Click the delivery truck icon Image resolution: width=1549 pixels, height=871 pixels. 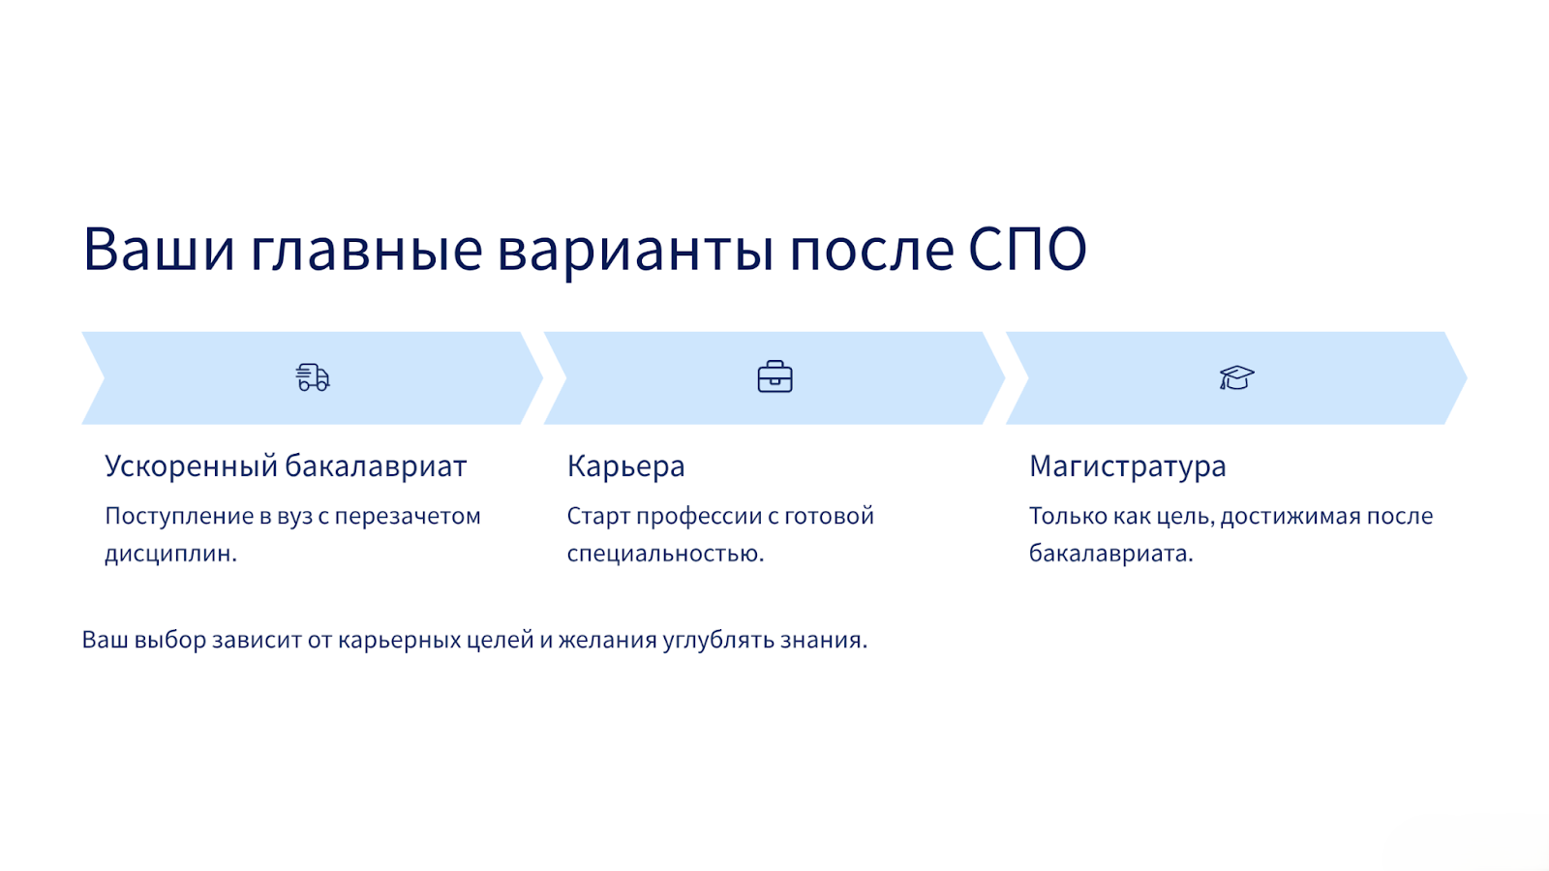pyautogui.click(x=313, y=377)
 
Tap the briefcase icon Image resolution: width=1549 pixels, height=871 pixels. pyautogui.click(x=774, y=376)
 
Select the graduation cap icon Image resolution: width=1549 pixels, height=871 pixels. pyautogui.click(x=1236, y=378)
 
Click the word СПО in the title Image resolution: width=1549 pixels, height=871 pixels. pyautogui.click(x=1027, y=249)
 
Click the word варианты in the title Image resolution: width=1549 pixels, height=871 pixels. pyautogui.click(x=635, y=253)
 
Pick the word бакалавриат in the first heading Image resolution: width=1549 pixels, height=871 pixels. pyautogui.click(x=377, y=466)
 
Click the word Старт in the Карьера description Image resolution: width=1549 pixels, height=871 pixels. pyautogui.click(x=598, y=516)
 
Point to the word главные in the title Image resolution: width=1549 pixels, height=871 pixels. pyautogui.click(x=366, y=249)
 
